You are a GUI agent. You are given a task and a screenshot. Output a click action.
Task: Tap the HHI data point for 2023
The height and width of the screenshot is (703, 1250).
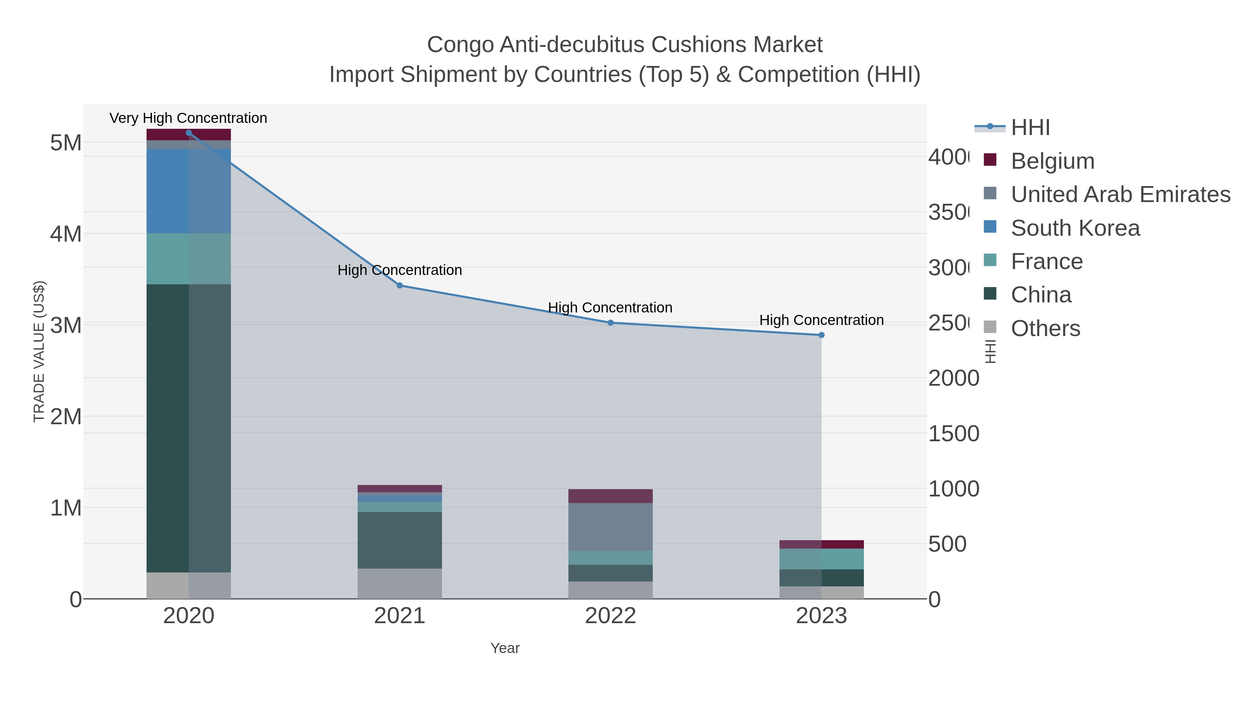click(821, 335)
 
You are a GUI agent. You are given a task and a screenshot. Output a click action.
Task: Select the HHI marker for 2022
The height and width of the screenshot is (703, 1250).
click(610, 323)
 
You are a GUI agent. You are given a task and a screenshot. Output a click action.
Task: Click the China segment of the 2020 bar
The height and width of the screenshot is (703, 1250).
click(188, 427)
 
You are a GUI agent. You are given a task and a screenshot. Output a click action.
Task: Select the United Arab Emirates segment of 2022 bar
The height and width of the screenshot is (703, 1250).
click(610, 526)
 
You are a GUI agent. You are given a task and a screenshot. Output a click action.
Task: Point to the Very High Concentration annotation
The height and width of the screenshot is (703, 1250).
click(188, 118)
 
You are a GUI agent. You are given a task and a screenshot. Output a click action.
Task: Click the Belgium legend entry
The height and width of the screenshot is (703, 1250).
click(1052, 161)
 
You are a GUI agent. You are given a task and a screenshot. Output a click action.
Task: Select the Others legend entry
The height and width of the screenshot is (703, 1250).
click(1045, 328)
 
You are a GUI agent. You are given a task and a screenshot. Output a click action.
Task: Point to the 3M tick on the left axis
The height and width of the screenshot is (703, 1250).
click(66, 325)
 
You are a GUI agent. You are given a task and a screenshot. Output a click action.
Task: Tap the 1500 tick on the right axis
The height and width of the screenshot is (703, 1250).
click(953, 433)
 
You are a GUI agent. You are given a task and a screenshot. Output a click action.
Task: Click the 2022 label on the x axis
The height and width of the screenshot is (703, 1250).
click(610, 616)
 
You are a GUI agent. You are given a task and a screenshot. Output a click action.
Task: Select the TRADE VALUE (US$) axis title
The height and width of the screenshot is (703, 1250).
click(39, 351)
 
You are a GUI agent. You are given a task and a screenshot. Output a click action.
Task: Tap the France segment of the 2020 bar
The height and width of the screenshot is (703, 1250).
click(188, 259)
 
